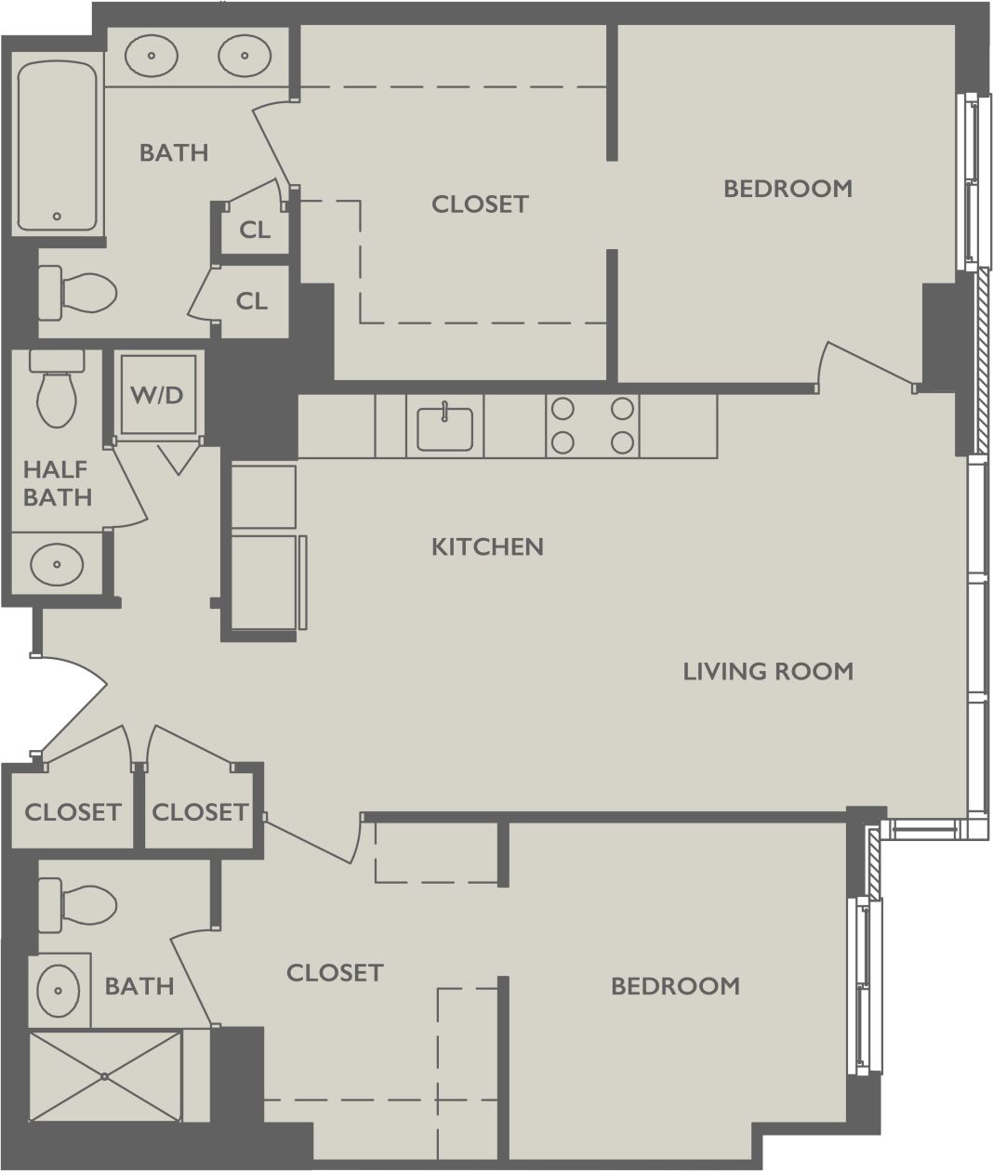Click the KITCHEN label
tap(487, 546)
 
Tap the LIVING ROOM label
tap(768, 671)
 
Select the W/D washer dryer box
tap(157, 395)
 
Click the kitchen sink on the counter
tap(444, 428)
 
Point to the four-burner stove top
tap(591, 426)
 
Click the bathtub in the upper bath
tap(57, 146)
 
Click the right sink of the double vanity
tap(245, 55)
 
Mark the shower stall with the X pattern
tap(105, 1076)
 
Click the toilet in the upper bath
tap(78, 292)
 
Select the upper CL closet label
tap(255, 230)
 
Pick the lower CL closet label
tap(251, 301)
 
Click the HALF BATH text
tap(58, 483)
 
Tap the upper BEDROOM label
tap(788, 189)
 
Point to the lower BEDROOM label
tap(675, 986)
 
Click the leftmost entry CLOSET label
tap(73, 812)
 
